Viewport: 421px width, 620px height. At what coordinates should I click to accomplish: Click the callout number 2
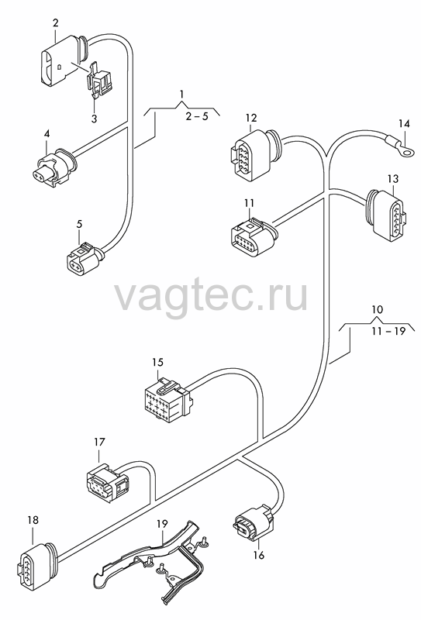tap(55, 22)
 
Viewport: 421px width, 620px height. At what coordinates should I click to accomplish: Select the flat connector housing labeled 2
tap(64, 60)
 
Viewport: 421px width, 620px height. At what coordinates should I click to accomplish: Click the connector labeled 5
tap(85, 259)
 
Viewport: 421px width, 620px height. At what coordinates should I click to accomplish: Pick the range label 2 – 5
tap(197, 116)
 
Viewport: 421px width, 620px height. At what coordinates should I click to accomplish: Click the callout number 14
tap(404, 124)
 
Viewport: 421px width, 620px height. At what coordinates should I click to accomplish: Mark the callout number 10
tap(378, 308)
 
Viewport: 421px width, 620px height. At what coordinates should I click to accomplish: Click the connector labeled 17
tap(107, 480)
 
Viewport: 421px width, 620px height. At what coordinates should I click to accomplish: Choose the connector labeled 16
tap(254, 521)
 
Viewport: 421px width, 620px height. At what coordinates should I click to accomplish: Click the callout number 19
tap(162, 524)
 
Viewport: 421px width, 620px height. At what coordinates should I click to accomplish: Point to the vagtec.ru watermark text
tap(211, 295)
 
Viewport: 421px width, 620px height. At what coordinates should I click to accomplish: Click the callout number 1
tap(181, 94)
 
